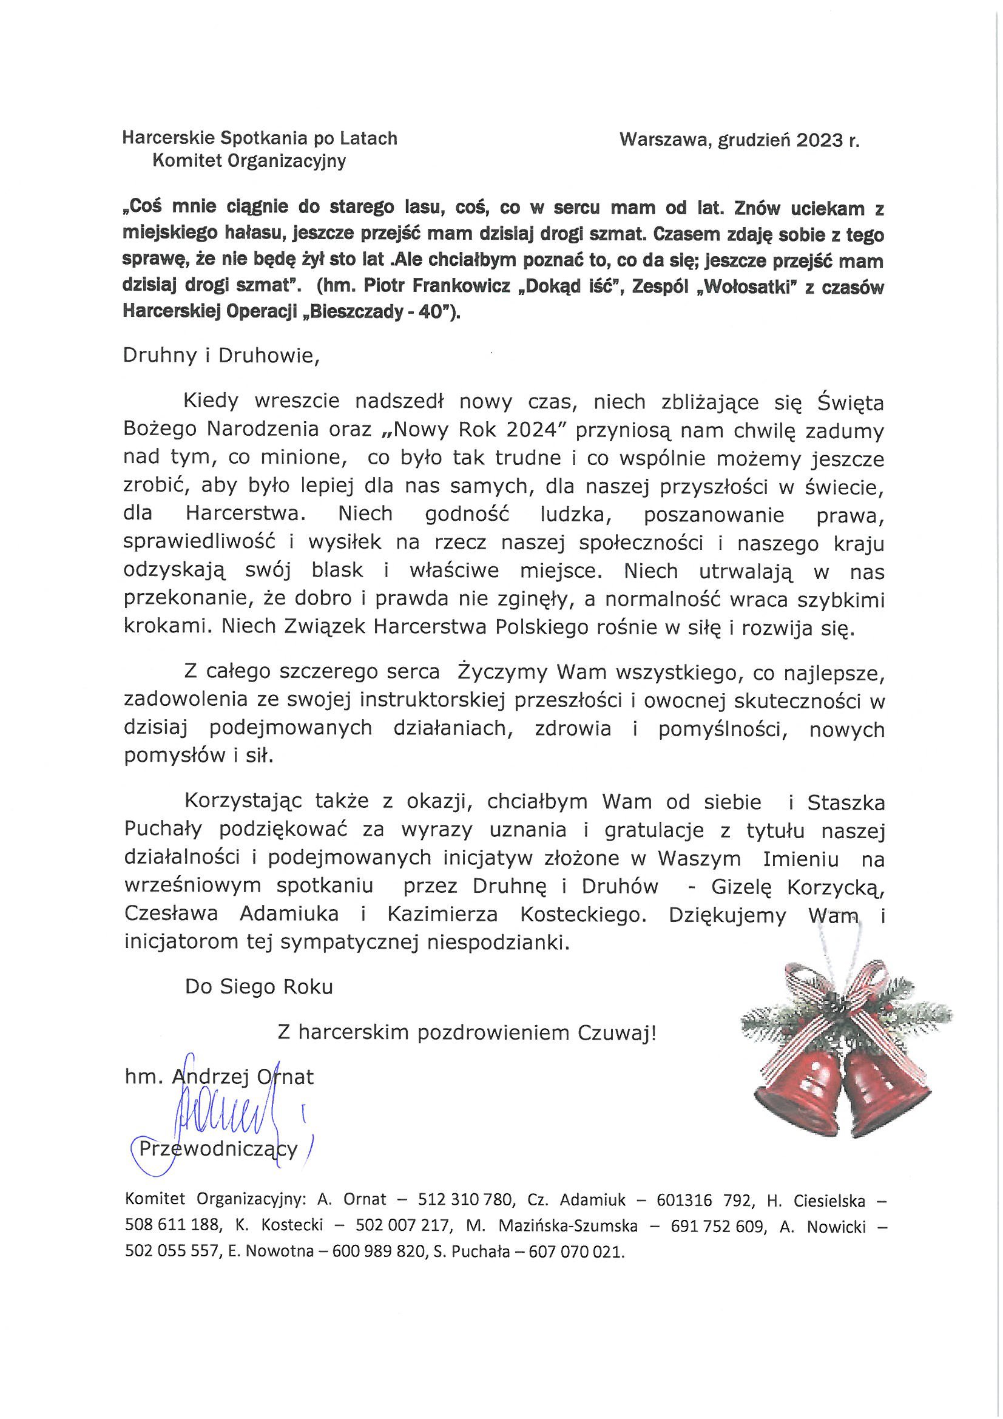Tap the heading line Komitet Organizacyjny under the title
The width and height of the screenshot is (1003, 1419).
[x=248, y=161]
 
